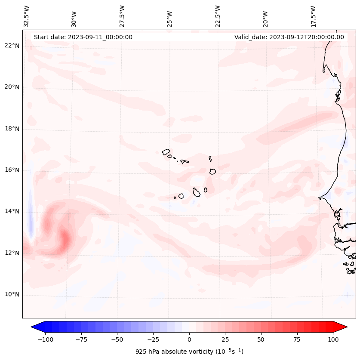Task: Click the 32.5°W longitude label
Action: tap(27, 16)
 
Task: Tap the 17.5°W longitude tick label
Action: tap(313, 16)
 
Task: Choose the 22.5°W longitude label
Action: tap(218, 16)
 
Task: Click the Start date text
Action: tap(83, 37)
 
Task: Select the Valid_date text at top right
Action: tap(289, 37)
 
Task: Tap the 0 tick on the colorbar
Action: tap(189, 339)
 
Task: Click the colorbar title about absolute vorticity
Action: tap(189, 352)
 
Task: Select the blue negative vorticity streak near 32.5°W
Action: tap(30, 213)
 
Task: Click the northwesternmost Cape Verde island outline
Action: tap(166, 152)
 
